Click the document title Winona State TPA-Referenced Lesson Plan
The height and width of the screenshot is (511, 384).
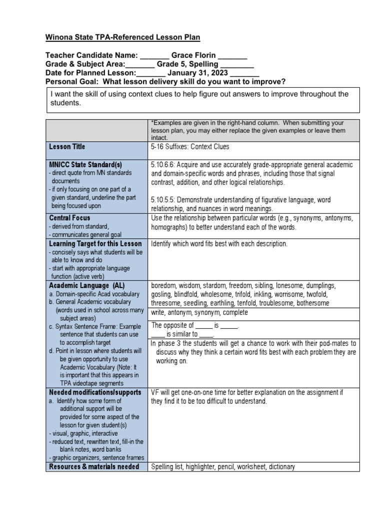tap(115, 37)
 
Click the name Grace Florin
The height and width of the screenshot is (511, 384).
tap(193, 55)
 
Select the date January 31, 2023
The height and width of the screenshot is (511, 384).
tap(195, 73)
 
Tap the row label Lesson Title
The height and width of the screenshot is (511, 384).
tap(67, 147)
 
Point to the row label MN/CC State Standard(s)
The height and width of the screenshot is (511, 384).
tap(85, 164)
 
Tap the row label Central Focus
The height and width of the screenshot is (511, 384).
tap(69, 218)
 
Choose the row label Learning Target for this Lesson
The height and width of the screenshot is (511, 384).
tap(95, 244)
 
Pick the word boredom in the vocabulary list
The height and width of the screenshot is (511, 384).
tap(163, 285)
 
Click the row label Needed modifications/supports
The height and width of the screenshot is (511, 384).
tap(95, 392)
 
